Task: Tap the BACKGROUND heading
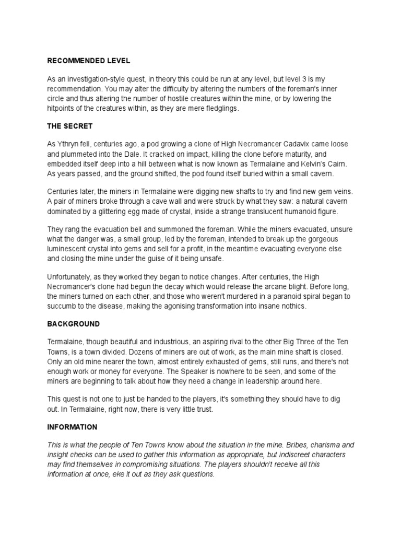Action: (73, 324)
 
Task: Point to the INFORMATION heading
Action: (72, 427)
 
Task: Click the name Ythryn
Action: (69, 144)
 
